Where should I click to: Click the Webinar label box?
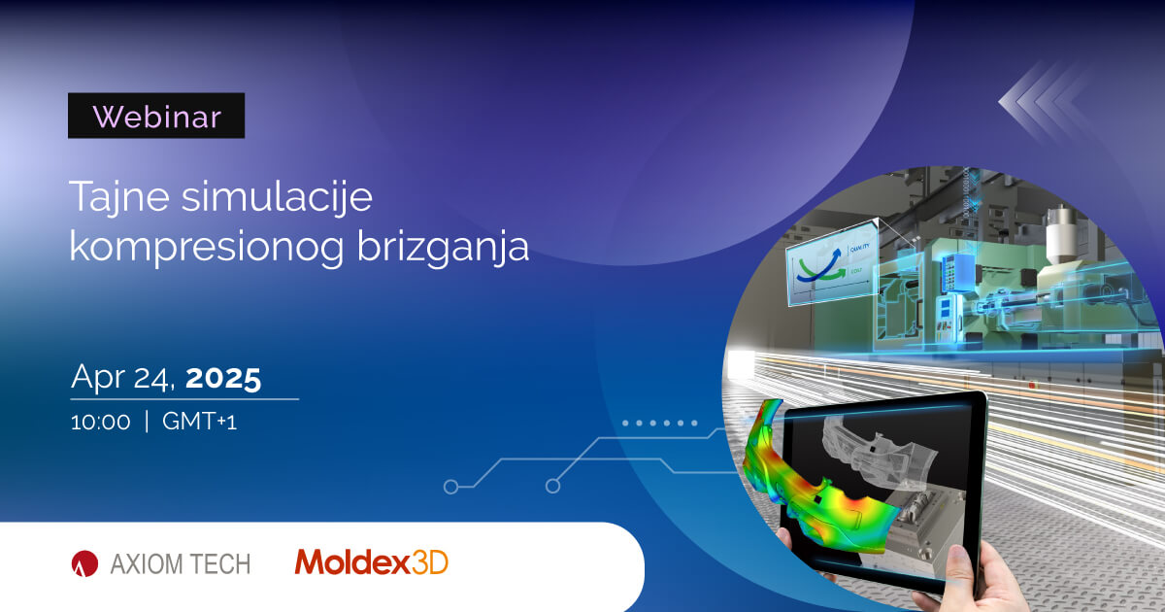point(156,116)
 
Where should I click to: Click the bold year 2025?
point(223,378)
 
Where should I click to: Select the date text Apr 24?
point(122,378)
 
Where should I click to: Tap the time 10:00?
point(100,423)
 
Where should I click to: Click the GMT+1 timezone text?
point(200,423)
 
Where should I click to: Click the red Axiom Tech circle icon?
point(84,562)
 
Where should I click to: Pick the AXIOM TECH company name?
point(179,562)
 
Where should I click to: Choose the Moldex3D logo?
point(372,561)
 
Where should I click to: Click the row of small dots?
point(660,424)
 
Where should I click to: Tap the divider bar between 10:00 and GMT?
point(147,423)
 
